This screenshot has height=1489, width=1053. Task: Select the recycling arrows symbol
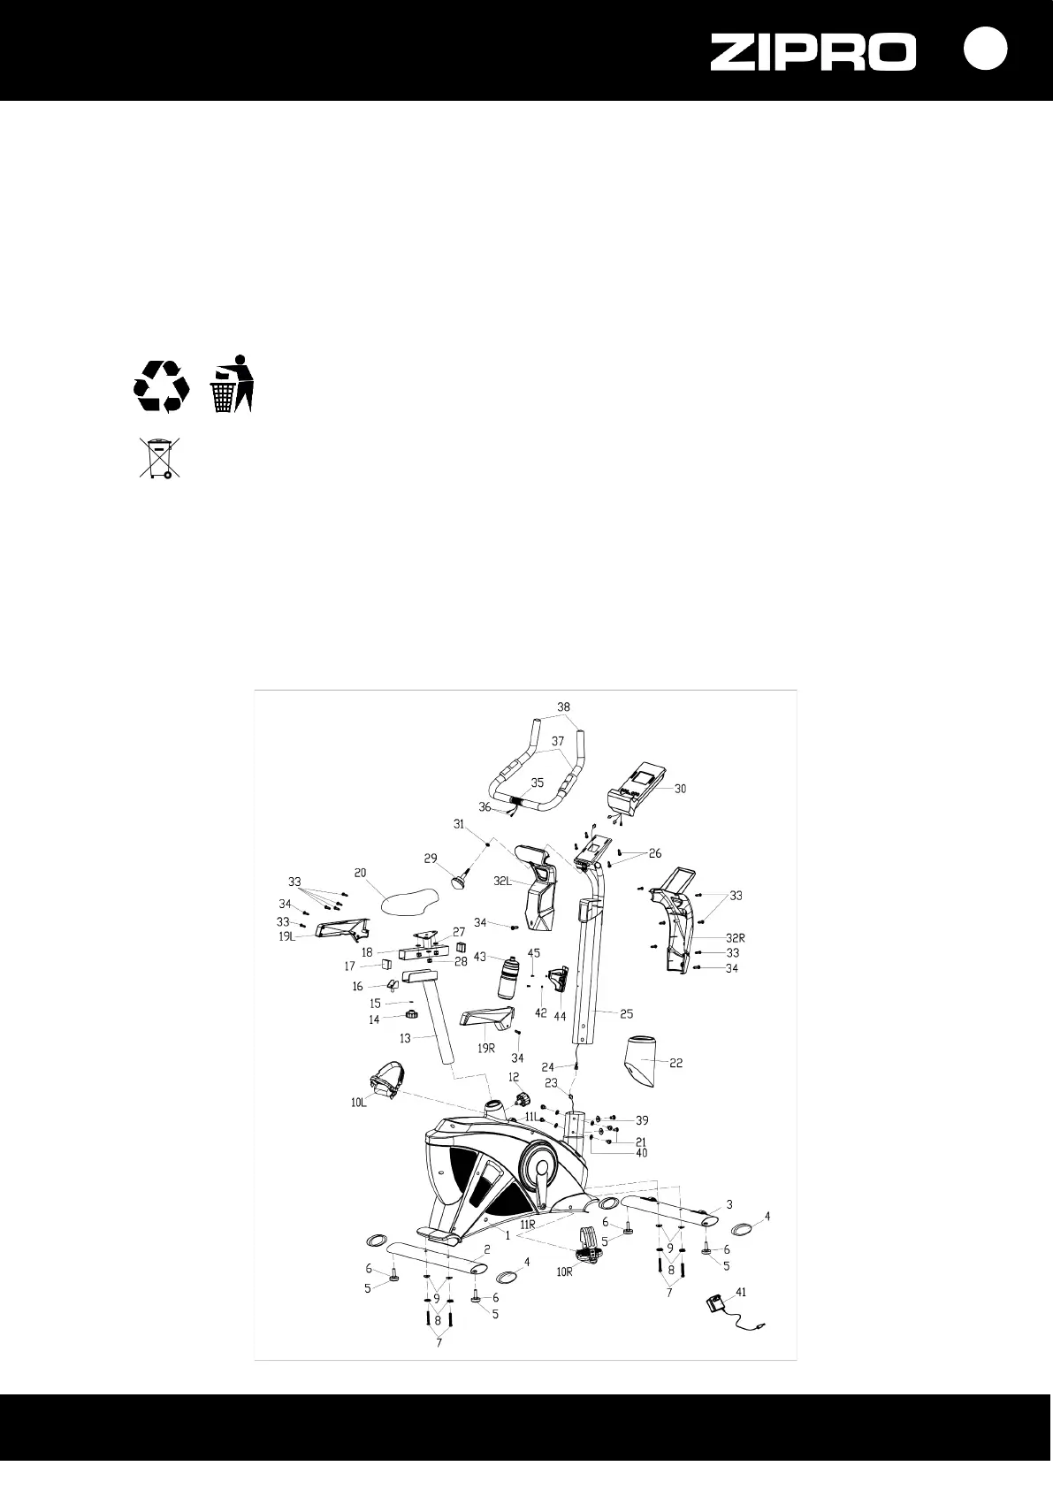[x=162, y=386]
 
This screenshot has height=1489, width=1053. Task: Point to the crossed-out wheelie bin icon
[x=159, y=457]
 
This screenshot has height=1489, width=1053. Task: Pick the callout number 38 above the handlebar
[x=564, y=707]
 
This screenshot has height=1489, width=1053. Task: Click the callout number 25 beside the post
[x=625, y=1013]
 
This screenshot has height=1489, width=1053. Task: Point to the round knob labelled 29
[x=460, y=880]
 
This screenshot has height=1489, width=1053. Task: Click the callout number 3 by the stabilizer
[x=729, y=1203]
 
